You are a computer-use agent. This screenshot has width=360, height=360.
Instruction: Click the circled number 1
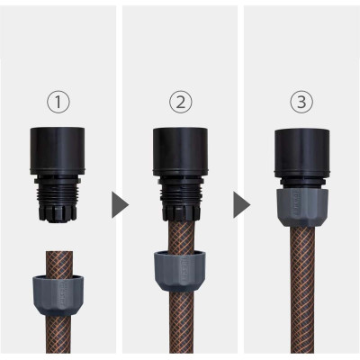tap(59, 102)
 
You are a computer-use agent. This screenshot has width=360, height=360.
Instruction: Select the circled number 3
tap(301, 102)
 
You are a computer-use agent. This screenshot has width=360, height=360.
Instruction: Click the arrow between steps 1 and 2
tap(119, 204)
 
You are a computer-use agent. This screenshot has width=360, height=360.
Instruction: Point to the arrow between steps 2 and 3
tap(240, 204)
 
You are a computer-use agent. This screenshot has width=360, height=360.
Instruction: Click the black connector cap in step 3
tap(301, 144)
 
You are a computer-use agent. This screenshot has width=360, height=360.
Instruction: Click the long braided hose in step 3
tap(301, 288)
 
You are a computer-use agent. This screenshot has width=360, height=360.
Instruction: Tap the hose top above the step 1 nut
tap(59, 257)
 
